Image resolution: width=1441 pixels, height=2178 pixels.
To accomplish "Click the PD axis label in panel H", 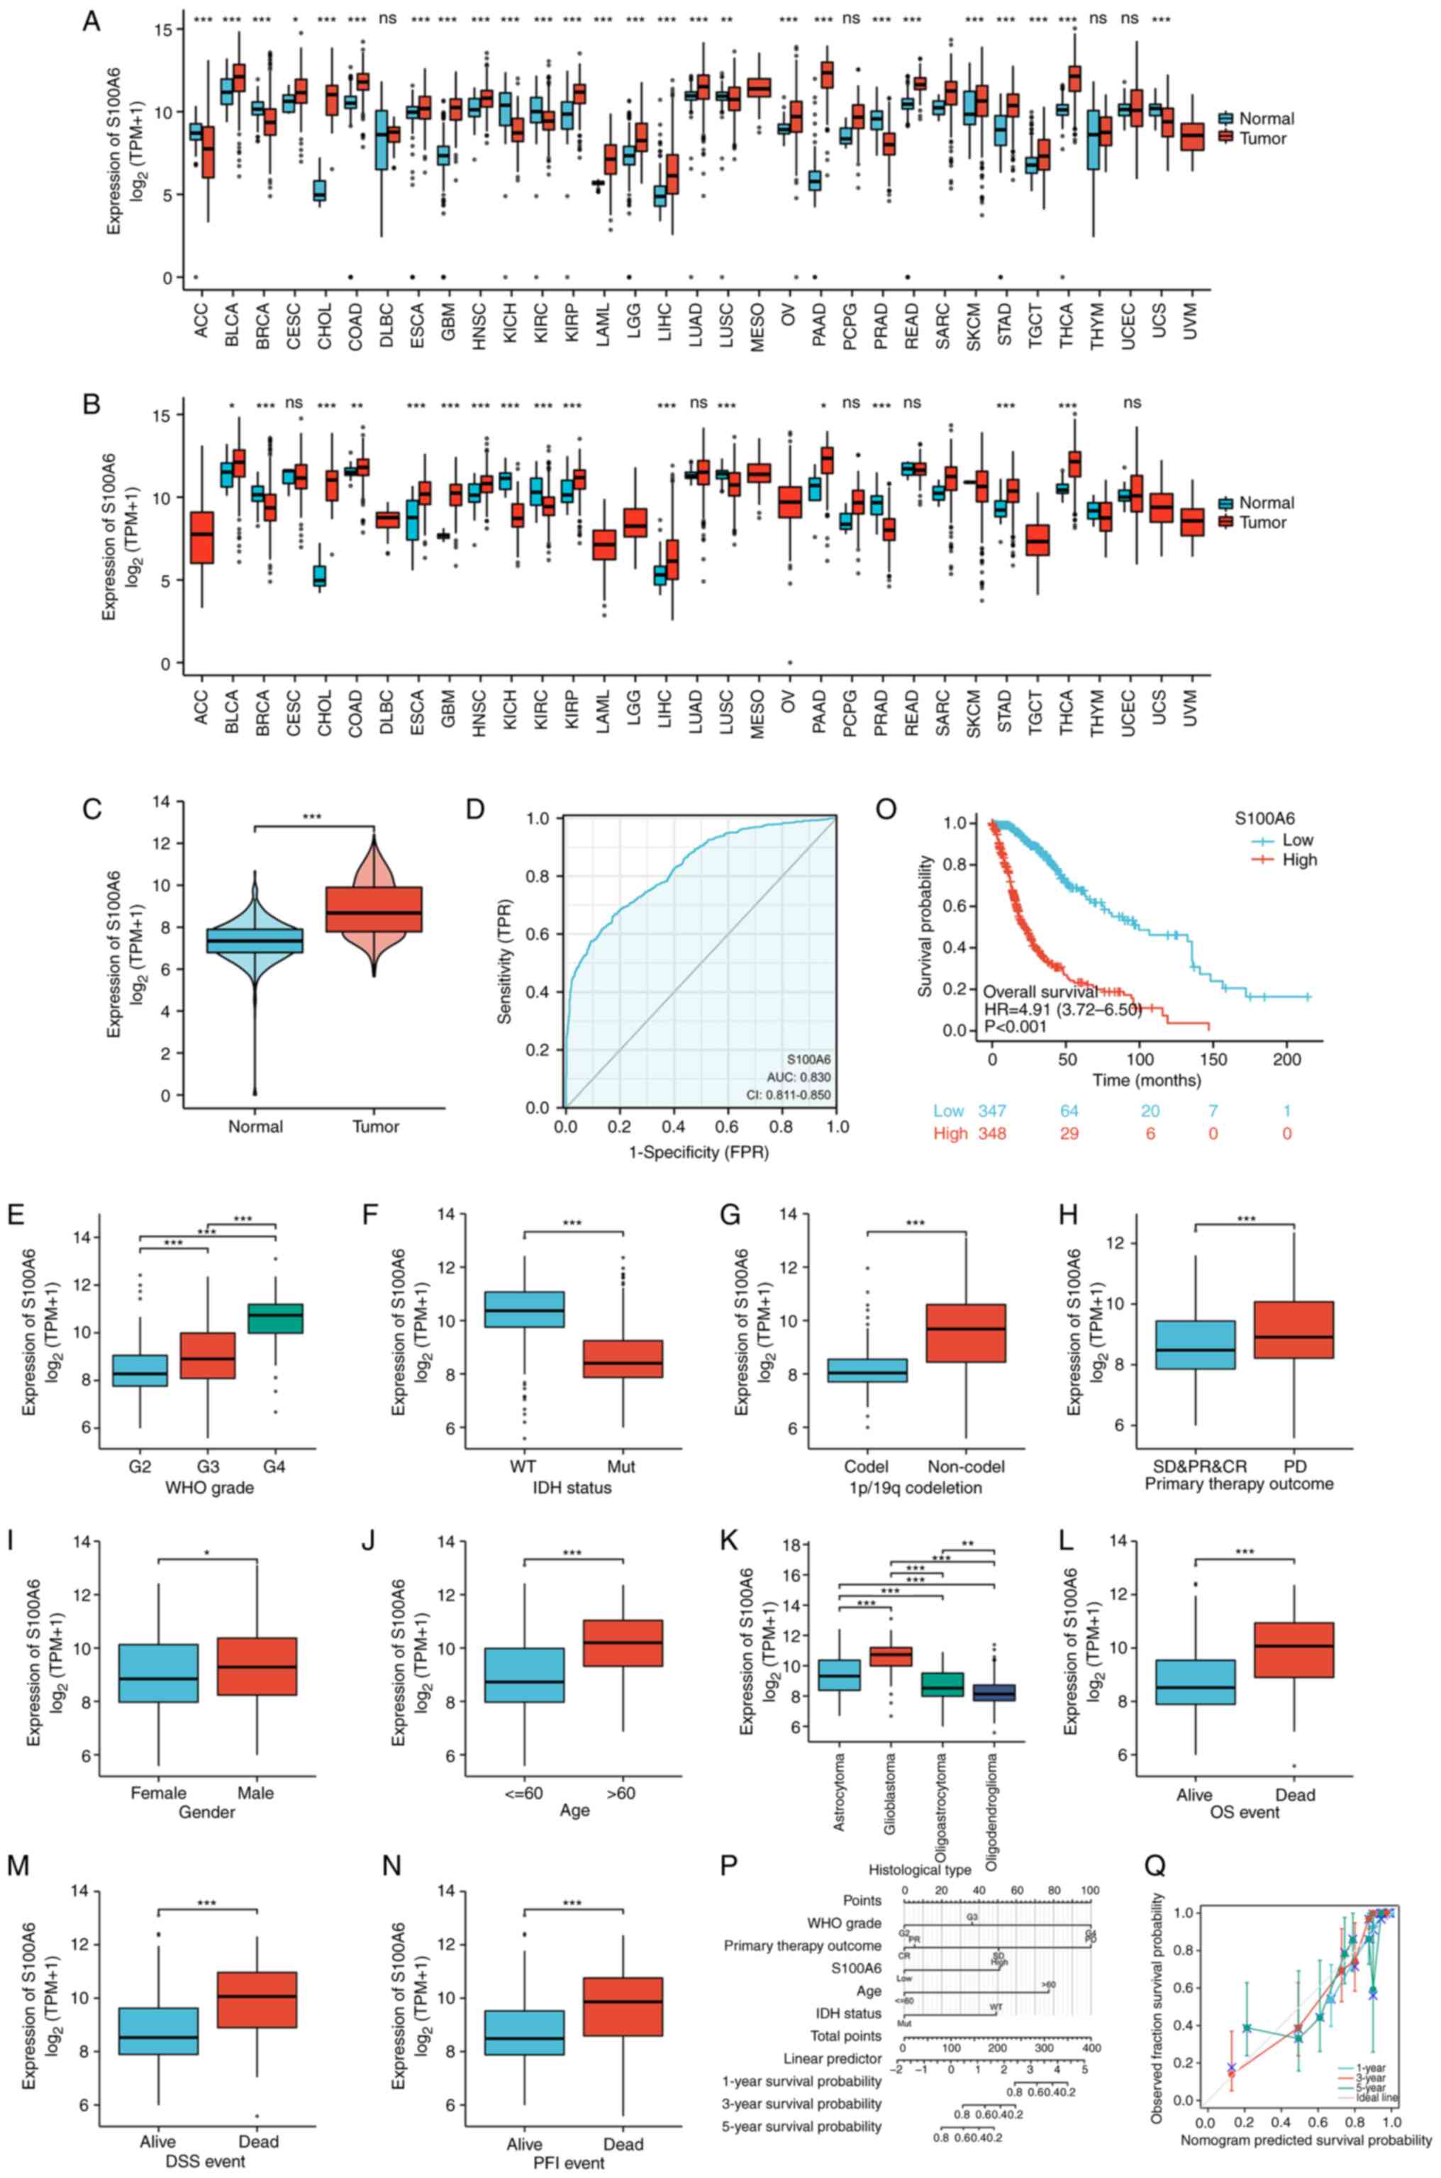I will coord(1295,1467).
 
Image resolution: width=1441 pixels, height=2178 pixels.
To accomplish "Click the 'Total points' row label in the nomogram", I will coord(845,1977).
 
